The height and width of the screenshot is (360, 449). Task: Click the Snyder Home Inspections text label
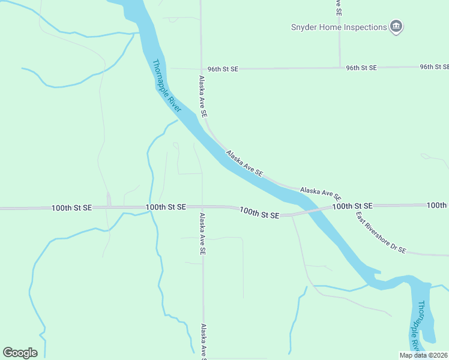[x=339, y=27]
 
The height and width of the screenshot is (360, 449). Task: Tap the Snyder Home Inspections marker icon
[x=396, y=26]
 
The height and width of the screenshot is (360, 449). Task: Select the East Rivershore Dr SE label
[x=381, y=233]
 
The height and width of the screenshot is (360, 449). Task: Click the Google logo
[x=20, y=353]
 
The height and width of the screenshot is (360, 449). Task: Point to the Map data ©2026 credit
[x=423, y=355]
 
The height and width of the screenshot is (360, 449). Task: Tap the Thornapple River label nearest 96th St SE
[x=166, y=86]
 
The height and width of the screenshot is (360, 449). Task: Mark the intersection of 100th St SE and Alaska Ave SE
[x=202, y=207]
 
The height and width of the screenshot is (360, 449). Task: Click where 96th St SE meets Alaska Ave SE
[x=201, y=68]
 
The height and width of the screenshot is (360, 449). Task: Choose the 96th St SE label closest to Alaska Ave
[x=223, y=69]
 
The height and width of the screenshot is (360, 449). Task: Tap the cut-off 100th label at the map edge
[x=438, y=205]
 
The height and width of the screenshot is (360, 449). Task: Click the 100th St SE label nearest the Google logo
[x=71, y=208]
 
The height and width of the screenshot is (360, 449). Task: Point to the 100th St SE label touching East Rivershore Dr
[x=352, y=206]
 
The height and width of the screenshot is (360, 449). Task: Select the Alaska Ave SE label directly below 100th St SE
[x=203, y=235]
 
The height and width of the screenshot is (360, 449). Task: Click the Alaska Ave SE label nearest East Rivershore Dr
[x=321, y=193]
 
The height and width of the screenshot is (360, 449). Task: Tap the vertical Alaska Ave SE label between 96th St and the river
[x=203, y=96]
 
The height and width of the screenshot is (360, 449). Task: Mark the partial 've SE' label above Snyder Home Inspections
[x=339, y=7]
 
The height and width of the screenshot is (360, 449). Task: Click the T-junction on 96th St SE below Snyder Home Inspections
[x=340, y=68]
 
